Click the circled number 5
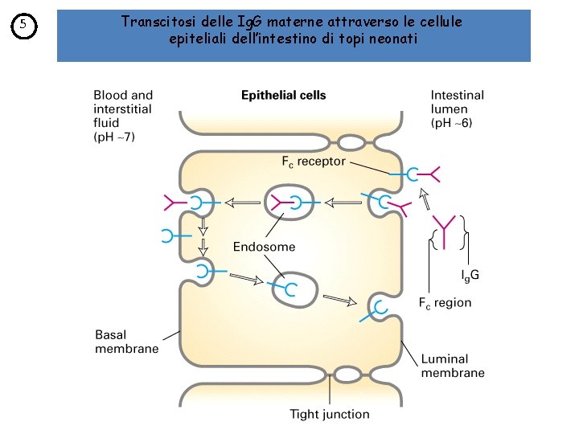click(x=24, y=27)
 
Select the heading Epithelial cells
click(x=284, y=95)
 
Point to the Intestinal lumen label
click(x=457, y=102)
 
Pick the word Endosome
click(x=264, y=247)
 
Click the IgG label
click(x=470, y=276)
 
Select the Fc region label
click(x=445, y=303)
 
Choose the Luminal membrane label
click(x=453, y=366)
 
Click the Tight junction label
click(x=330, y=415)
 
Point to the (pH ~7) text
click(x=114, y=137)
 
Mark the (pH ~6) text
click(x=452, y=124)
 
